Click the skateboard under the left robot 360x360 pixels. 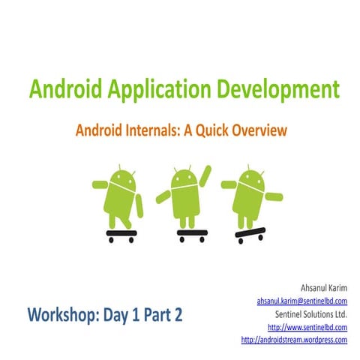click(x=121, y=235)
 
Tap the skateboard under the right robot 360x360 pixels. click(x=250, y=233)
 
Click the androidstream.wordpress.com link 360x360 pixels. click(x=294, y=340)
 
